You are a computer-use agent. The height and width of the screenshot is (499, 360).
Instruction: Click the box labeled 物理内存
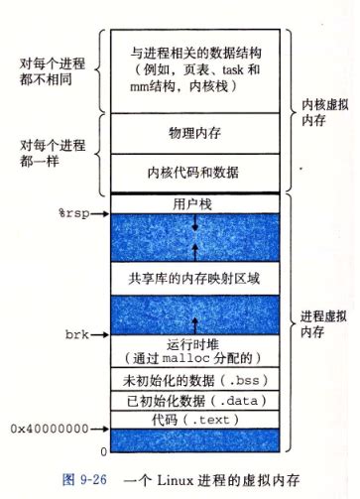195,131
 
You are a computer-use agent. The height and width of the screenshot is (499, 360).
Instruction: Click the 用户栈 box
195,203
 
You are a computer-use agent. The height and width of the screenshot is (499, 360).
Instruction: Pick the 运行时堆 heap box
195,348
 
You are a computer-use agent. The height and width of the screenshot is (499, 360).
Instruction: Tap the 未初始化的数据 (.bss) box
195,380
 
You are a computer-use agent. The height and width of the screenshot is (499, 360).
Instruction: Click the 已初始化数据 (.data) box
195,402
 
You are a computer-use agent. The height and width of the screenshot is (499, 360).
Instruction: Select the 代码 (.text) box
195,421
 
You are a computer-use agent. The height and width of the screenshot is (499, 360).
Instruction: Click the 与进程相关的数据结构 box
195,66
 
